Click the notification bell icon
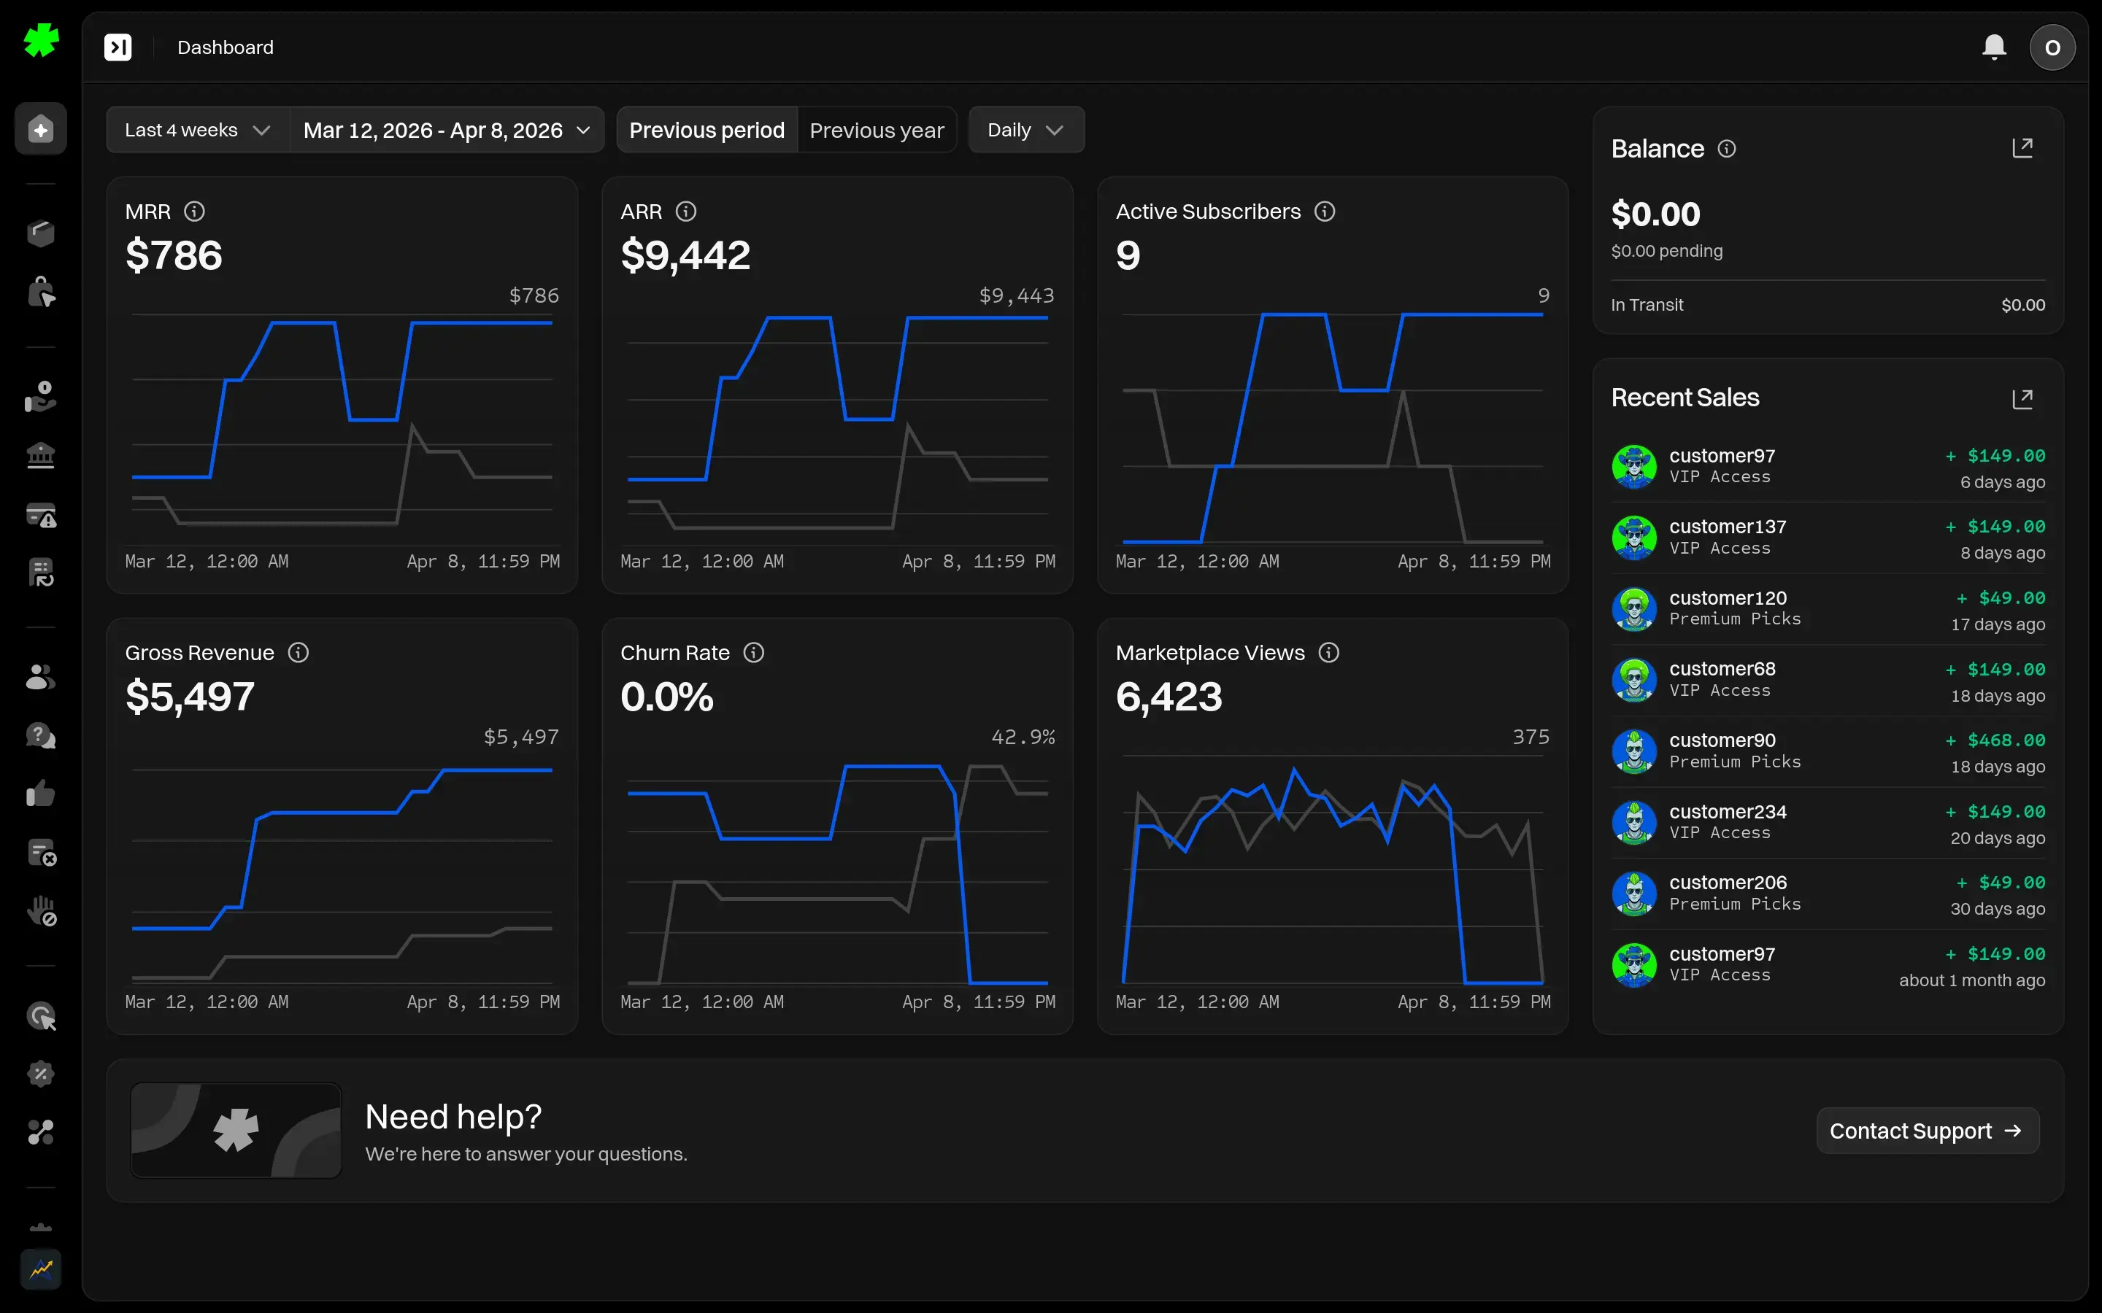1993,47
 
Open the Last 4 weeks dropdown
197,131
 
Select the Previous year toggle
876,131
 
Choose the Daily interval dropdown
1025,131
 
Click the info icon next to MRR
195,211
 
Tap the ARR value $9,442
685,255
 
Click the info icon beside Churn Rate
753,652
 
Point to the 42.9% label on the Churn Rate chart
1023,737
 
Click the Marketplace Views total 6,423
1169,697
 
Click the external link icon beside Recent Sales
2022,398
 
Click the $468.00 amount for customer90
2006,740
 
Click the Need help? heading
453,1117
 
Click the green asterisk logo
41,40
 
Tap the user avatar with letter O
2052,47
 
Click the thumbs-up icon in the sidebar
41,794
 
